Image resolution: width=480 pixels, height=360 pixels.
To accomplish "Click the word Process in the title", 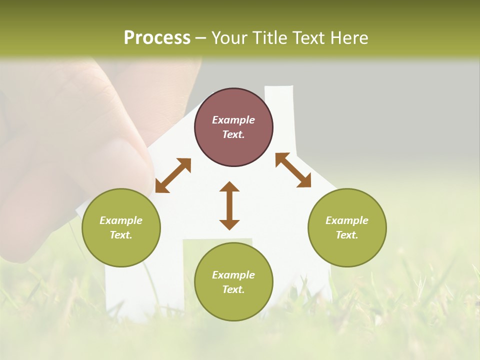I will pyautogui.click(x=157, y=38).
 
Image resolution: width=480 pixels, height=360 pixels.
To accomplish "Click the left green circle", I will pyautogui.click(x=121, y=227).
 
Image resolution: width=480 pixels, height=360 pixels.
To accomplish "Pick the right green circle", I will pyautogui.click(x=347, y=227).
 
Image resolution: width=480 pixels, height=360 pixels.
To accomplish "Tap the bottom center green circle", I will pyautogui.click(x=233, y=282).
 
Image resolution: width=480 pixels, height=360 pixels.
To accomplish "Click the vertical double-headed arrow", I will pyautogui.click(x=229, y=205).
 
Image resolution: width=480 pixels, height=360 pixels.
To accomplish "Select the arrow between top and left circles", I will pyautogui.click(x=173, y=175).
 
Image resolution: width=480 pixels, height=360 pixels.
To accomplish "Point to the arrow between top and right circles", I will pyautogui.click(x=293, y=170).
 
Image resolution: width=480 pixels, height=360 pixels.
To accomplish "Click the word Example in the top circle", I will pyautogui.click(x=233, y=120).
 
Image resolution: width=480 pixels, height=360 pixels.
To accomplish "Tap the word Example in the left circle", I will pyautogui.click(x=121, y=220).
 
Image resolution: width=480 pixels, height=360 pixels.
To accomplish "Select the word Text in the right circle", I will pyautogui.click(x=347, y=235).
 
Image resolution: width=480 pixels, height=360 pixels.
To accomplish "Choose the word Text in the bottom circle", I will pyautogui.click(x=233, y=289).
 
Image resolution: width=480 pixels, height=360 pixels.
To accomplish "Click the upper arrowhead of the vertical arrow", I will pyautogui.click(x=229, y=187).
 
